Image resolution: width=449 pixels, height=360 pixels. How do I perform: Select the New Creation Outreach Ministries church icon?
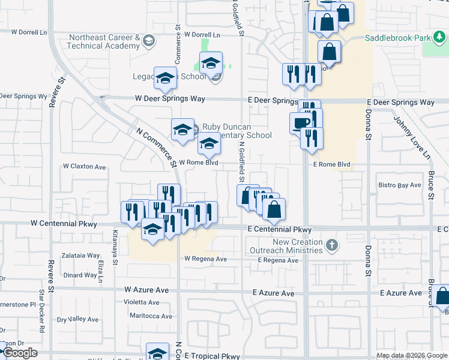tap(332, 245)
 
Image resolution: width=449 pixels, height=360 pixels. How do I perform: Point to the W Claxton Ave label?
tap(84, 167)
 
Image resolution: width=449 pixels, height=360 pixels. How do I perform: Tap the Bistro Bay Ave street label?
tap(399, 185)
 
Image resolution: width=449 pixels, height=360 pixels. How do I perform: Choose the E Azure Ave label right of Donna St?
tap(402, 293)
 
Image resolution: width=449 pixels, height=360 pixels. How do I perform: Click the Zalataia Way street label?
tap(79, 256)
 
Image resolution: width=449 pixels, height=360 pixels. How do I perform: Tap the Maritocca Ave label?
tap(148, 316)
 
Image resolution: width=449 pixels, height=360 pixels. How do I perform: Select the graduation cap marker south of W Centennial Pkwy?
tap(152, 230)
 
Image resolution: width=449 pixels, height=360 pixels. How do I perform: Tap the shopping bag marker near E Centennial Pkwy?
tap(274, 210)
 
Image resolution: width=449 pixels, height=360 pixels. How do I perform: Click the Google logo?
tap(20, 353)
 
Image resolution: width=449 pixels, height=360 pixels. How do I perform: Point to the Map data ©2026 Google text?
tap(412, 355)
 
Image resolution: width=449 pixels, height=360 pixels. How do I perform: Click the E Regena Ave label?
tap(278, 260)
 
